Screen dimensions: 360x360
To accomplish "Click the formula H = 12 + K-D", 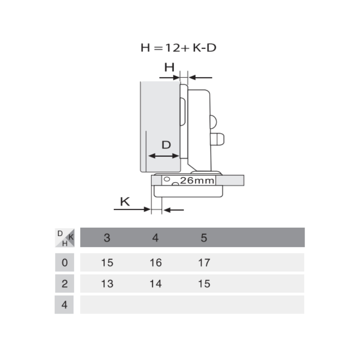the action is (178, 48).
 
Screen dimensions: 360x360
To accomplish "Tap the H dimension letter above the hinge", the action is (169, 67).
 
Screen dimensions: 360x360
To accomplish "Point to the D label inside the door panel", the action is (166, 145).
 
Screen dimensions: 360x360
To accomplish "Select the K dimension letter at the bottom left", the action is (125, 202).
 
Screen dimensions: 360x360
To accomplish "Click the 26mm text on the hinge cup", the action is (197, 181).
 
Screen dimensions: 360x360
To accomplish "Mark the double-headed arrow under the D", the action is (164, 156).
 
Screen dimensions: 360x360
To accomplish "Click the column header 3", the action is (107, 238).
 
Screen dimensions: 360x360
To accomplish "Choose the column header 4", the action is (155, 238).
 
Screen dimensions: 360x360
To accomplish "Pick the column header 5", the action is (204, 238).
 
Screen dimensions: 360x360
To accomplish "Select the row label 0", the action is (64, 262).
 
